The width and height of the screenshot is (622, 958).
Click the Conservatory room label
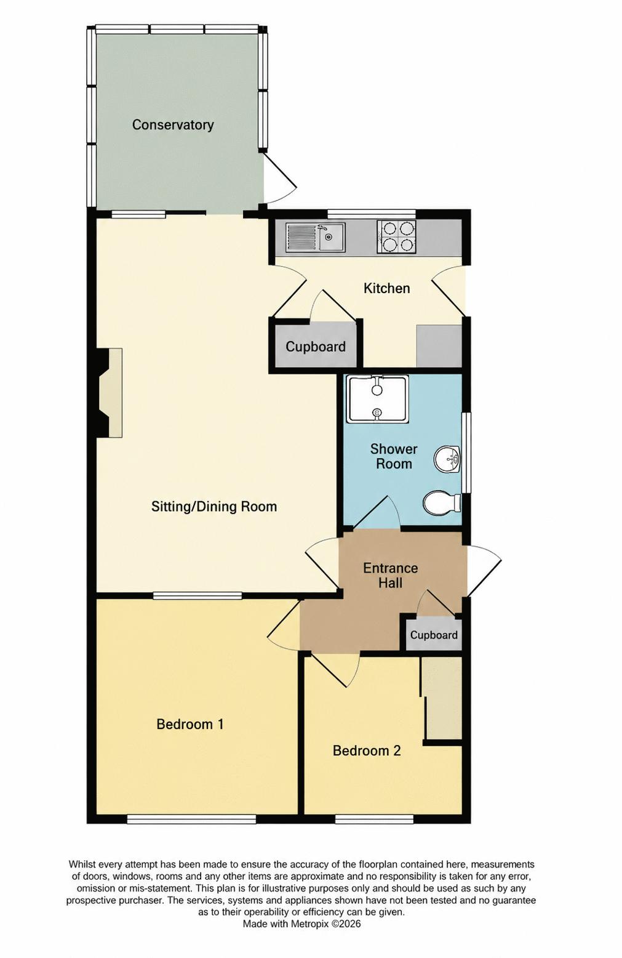173,125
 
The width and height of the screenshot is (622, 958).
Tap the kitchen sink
316,237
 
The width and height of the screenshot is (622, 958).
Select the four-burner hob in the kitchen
396,236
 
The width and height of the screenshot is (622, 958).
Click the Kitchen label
386,288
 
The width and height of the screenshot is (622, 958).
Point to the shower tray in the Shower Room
377,399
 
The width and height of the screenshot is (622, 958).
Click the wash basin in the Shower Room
447,460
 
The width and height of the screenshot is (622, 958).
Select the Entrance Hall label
390,575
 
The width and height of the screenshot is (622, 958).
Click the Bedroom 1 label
190,724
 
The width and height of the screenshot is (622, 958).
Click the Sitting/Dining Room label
213,506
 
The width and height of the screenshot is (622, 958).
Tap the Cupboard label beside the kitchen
316,347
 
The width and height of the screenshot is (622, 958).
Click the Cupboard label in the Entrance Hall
434,635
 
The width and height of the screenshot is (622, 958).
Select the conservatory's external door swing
280,177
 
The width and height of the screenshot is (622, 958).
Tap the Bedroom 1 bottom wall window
191,819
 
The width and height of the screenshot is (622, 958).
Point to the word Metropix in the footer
311,924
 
